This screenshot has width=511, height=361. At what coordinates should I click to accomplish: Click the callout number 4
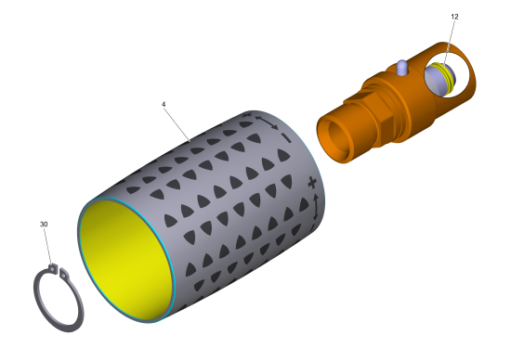tap(164, 104)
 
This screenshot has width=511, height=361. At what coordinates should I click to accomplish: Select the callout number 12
tap(454, 17)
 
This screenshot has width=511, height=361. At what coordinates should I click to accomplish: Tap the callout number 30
tap(44, 225)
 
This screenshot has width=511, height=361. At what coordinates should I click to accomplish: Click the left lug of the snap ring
tap(53, 268)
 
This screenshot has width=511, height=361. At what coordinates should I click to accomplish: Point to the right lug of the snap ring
tap(64, 274)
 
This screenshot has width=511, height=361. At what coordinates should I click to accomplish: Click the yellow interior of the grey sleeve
tap(125, 260)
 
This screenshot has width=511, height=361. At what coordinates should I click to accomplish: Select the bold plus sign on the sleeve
tap(312, 183)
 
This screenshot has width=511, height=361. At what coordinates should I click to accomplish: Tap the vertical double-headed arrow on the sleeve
tap(315, 207)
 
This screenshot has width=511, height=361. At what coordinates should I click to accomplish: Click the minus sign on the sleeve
tap(285, 137)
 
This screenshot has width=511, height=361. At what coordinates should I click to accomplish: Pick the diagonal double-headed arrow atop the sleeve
tap(267, 122)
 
